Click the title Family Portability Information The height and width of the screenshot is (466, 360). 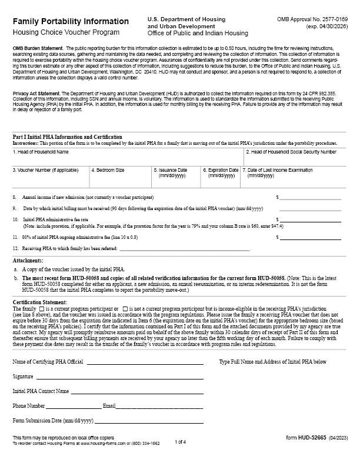coord(71,22)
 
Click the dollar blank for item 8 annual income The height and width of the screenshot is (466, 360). coord(310,198)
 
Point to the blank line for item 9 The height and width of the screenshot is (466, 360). coord(310,208)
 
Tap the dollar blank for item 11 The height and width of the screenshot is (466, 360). coord(310,237)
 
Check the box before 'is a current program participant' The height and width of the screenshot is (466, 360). coord(41,309)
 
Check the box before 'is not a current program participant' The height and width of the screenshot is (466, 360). coord(124,309)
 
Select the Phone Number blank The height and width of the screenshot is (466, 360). coord(74,406)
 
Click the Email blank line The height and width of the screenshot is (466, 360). coord(159,406)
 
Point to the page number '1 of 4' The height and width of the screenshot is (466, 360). coord(180,441)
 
